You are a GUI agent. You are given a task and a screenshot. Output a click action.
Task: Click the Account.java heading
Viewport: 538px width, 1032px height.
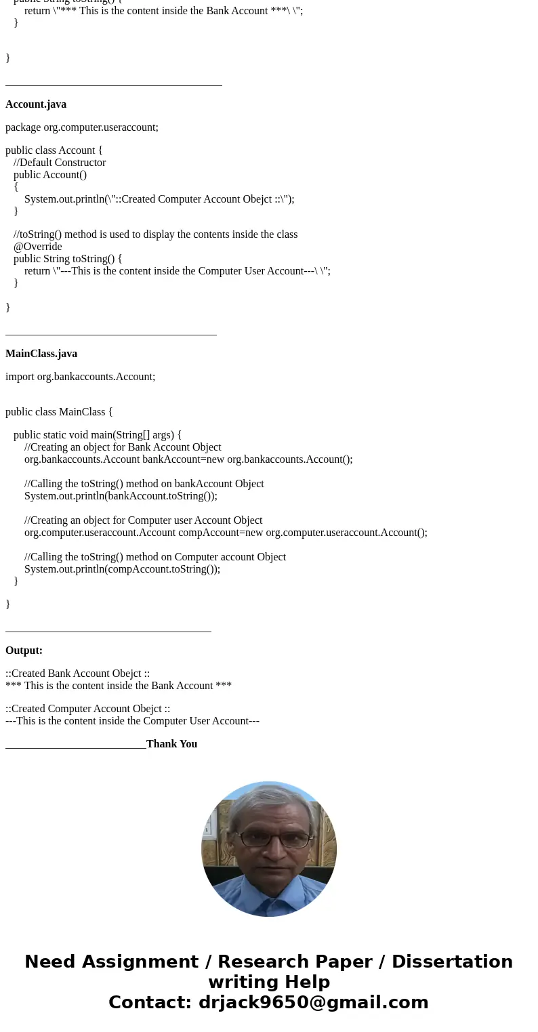36,104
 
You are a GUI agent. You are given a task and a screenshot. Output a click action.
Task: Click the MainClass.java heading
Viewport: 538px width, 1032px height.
41,354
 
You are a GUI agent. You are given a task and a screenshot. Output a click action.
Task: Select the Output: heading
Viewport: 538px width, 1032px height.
24,651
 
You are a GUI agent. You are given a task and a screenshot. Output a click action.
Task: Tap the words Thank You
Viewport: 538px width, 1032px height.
171,744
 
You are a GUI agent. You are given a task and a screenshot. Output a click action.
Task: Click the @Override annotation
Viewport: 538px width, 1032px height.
37,247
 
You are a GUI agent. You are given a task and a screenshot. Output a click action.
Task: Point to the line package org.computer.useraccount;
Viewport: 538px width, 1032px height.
82,127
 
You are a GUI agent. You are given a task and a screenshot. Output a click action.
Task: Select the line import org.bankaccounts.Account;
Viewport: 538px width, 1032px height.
80,377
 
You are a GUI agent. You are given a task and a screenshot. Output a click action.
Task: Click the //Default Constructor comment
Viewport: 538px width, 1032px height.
60,163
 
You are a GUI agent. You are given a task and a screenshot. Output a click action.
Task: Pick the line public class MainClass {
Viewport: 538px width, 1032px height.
59,412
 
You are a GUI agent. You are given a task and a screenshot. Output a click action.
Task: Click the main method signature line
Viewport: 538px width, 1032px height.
98,435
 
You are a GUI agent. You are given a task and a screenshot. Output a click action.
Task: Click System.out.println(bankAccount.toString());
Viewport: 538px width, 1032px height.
121,496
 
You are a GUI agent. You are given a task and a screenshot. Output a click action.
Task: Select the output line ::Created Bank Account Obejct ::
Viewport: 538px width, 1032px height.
77,674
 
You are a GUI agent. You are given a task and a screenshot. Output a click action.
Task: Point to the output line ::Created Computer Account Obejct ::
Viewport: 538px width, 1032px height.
87,709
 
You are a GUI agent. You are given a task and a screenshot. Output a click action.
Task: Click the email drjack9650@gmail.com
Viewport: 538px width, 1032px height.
313,1003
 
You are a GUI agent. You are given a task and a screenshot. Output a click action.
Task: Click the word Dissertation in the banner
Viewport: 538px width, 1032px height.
452,962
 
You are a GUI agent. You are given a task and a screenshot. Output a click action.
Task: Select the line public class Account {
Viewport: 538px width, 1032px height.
54,150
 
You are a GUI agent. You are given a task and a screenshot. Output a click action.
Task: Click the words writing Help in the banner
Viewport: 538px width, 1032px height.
269,983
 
